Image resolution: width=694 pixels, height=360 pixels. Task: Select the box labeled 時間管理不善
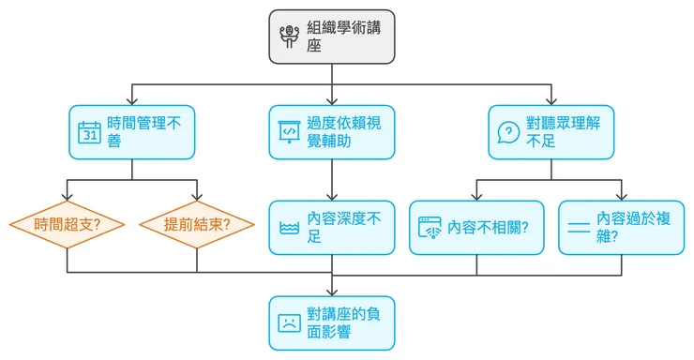click(x=132, y=132)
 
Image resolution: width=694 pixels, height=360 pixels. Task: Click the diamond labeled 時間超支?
click(x=68, y=225)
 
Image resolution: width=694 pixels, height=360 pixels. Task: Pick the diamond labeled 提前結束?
click(x=197, y=225)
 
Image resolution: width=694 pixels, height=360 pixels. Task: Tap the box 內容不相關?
click(x=476, y=228)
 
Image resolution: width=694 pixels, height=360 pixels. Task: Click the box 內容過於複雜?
click(x=621, y=228)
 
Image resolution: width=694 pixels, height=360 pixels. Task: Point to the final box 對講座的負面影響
click(x=332, y=322)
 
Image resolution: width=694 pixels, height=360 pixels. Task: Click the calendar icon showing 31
click(x=90, y=133)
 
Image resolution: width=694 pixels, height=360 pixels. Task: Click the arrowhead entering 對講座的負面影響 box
click(x=332, y=292)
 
